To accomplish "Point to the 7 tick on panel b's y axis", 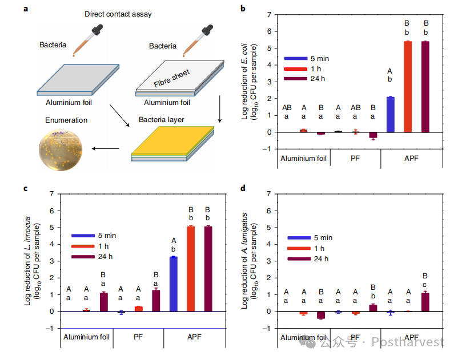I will (270, 14).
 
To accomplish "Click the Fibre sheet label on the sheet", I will (172, 79).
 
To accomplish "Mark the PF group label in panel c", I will (138, 337).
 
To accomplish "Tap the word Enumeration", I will (67, 120).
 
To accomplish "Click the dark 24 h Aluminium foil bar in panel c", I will (103, 302).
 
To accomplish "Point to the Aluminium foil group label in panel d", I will (303, 337).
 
